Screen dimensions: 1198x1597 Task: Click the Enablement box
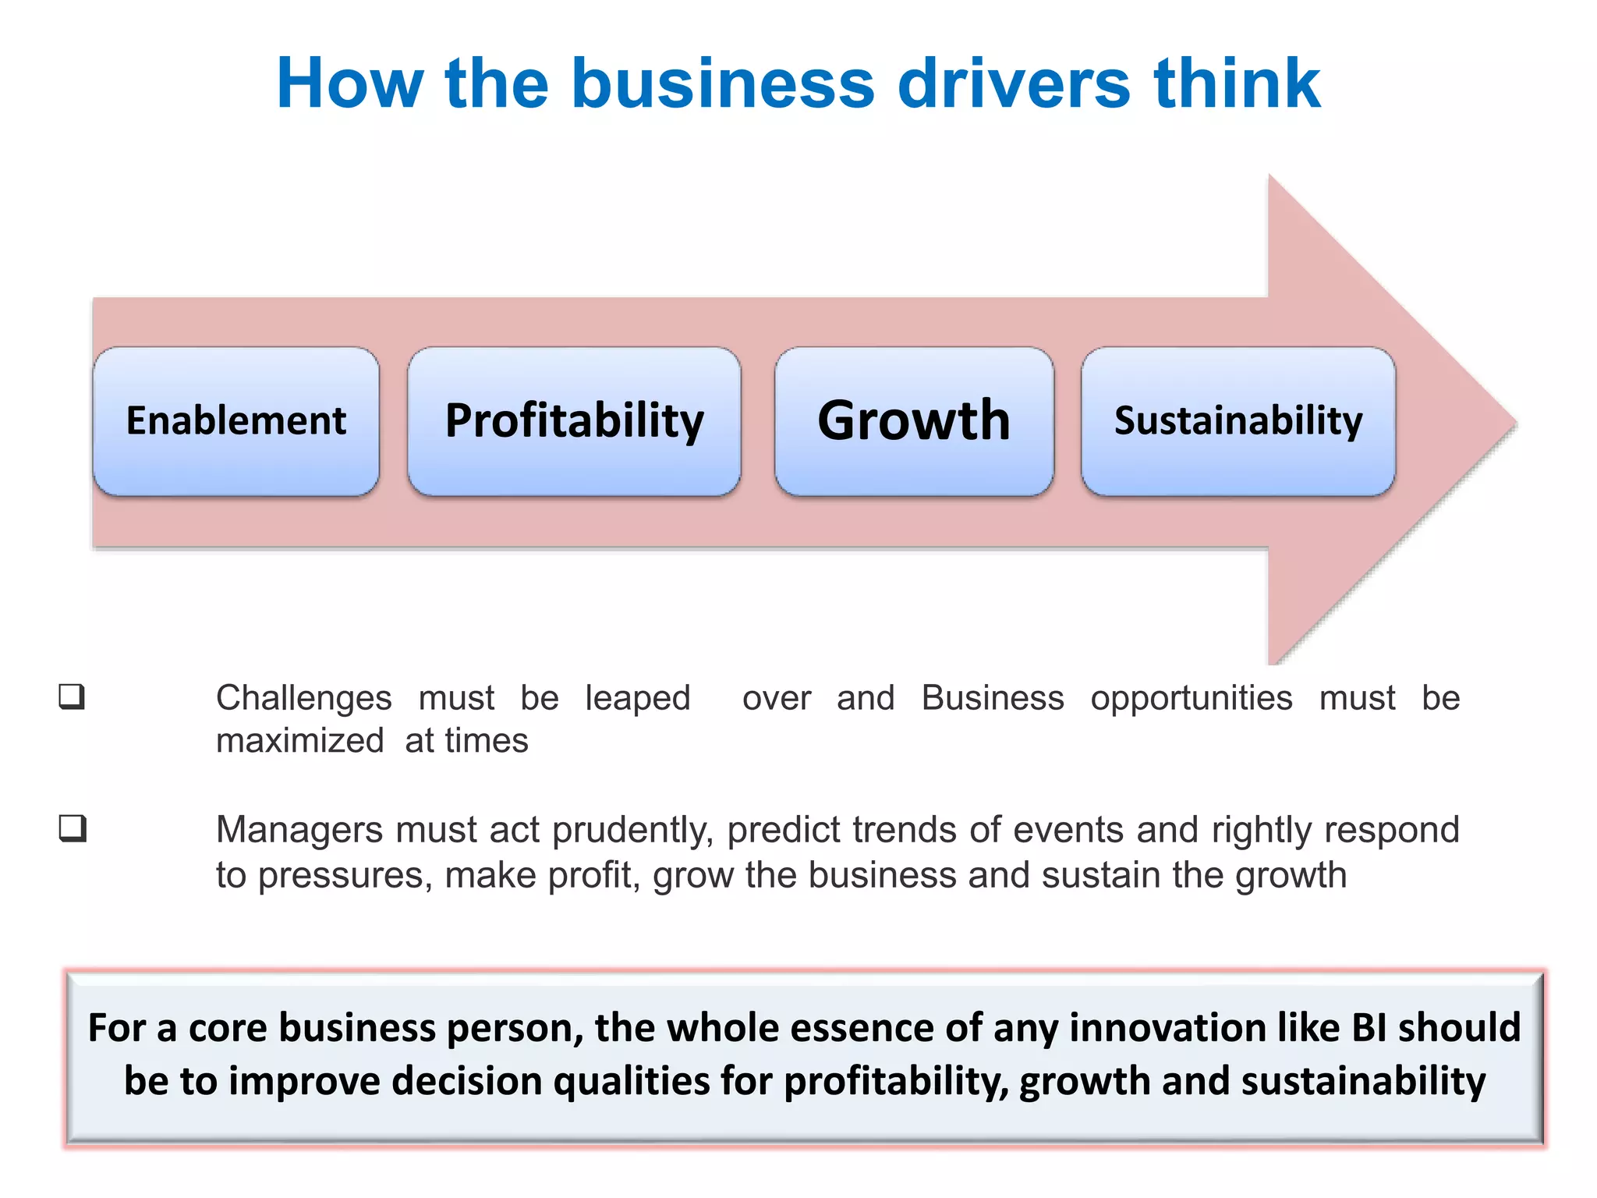click(235, 421)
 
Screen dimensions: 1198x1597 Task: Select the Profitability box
click(574, 421)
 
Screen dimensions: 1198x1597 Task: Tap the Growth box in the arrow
click(914, 421)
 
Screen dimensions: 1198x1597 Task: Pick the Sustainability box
click(1238, 421)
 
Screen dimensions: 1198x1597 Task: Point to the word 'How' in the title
click(350, 83)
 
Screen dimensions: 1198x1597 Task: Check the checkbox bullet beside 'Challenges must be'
click(72, 696)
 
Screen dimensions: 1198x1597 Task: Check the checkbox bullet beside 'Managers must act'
click(73, 828)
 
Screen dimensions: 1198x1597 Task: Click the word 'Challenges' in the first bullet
click(304, 698)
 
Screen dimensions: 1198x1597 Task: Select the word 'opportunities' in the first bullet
click(1192, 698)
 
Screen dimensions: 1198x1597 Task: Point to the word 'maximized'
click(300, 741)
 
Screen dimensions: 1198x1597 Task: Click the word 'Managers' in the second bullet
click(299, 830)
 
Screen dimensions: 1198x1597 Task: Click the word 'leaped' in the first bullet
click(638, 698)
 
